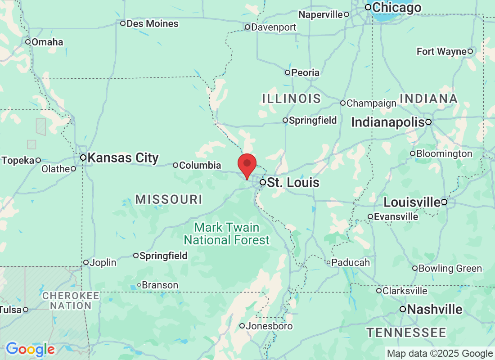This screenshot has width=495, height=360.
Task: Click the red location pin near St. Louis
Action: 247,165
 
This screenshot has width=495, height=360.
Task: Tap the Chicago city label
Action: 396,7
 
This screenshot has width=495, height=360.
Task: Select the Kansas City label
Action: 123,157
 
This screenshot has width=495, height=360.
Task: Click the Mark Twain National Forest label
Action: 227,233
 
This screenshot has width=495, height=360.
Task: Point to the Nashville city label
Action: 435,309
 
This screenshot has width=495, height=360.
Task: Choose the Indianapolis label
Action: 388,122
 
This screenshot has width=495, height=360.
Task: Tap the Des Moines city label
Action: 152,23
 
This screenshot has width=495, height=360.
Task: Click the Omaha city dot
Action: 28,42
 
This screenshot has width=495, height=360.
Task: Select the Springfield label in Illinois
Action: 312,120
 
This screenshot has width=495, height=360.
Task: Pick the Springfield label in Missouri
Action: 163,256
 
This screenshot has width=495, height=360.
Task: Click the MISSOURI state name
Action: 169,199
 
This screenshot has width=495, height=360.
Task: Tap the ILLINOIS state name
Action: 292,98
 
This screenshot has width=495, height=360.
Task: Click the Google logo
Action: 30,349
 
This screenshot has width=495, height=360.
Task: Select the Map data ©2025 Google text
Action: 440,354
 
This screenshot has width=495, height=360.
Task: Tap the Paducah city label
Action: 351,262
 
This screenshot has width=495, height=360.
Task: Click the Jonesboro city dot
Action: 242,326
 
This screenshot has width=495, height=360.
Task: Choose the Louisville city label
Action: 412,202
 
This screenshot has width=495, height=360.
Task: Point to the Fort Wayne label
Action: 441,51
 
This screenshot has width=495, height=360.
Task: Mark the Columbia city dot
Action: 176,165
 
